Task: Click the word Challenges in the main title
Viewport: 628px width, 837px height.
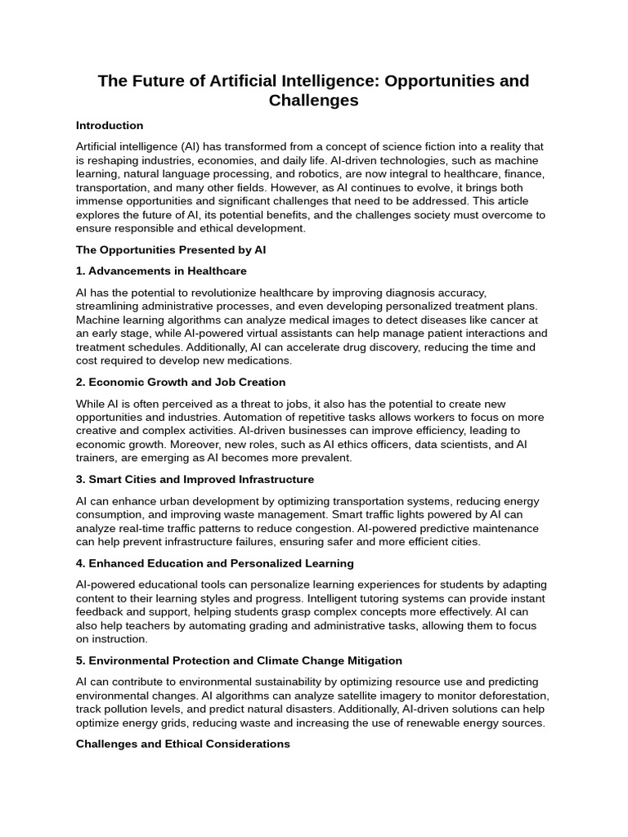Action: [313, 101]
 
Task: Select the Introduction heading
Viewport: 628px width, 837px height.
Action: [110, 126]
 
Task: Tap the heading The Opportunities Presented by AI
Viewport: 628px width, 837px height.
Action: [171, 250]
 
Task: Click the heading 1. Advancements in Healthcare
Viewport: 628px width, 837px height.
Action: [161, 271]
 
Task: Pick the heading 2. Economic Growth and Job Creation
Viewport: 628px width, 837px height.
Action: [181, 382]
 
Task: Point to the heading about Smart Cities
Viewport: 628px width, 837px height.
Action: [195, 479]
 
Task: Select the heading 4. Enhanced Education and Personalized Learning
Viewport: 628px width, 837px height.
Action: [215, 563]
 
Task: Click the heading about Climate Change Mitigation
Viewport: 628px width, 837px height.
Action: [239, 660]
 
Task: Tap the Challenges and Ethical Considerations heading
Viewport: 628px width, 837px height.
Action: [183, 744]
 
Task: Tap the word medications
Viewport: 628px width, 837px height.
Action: [258, 360]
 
